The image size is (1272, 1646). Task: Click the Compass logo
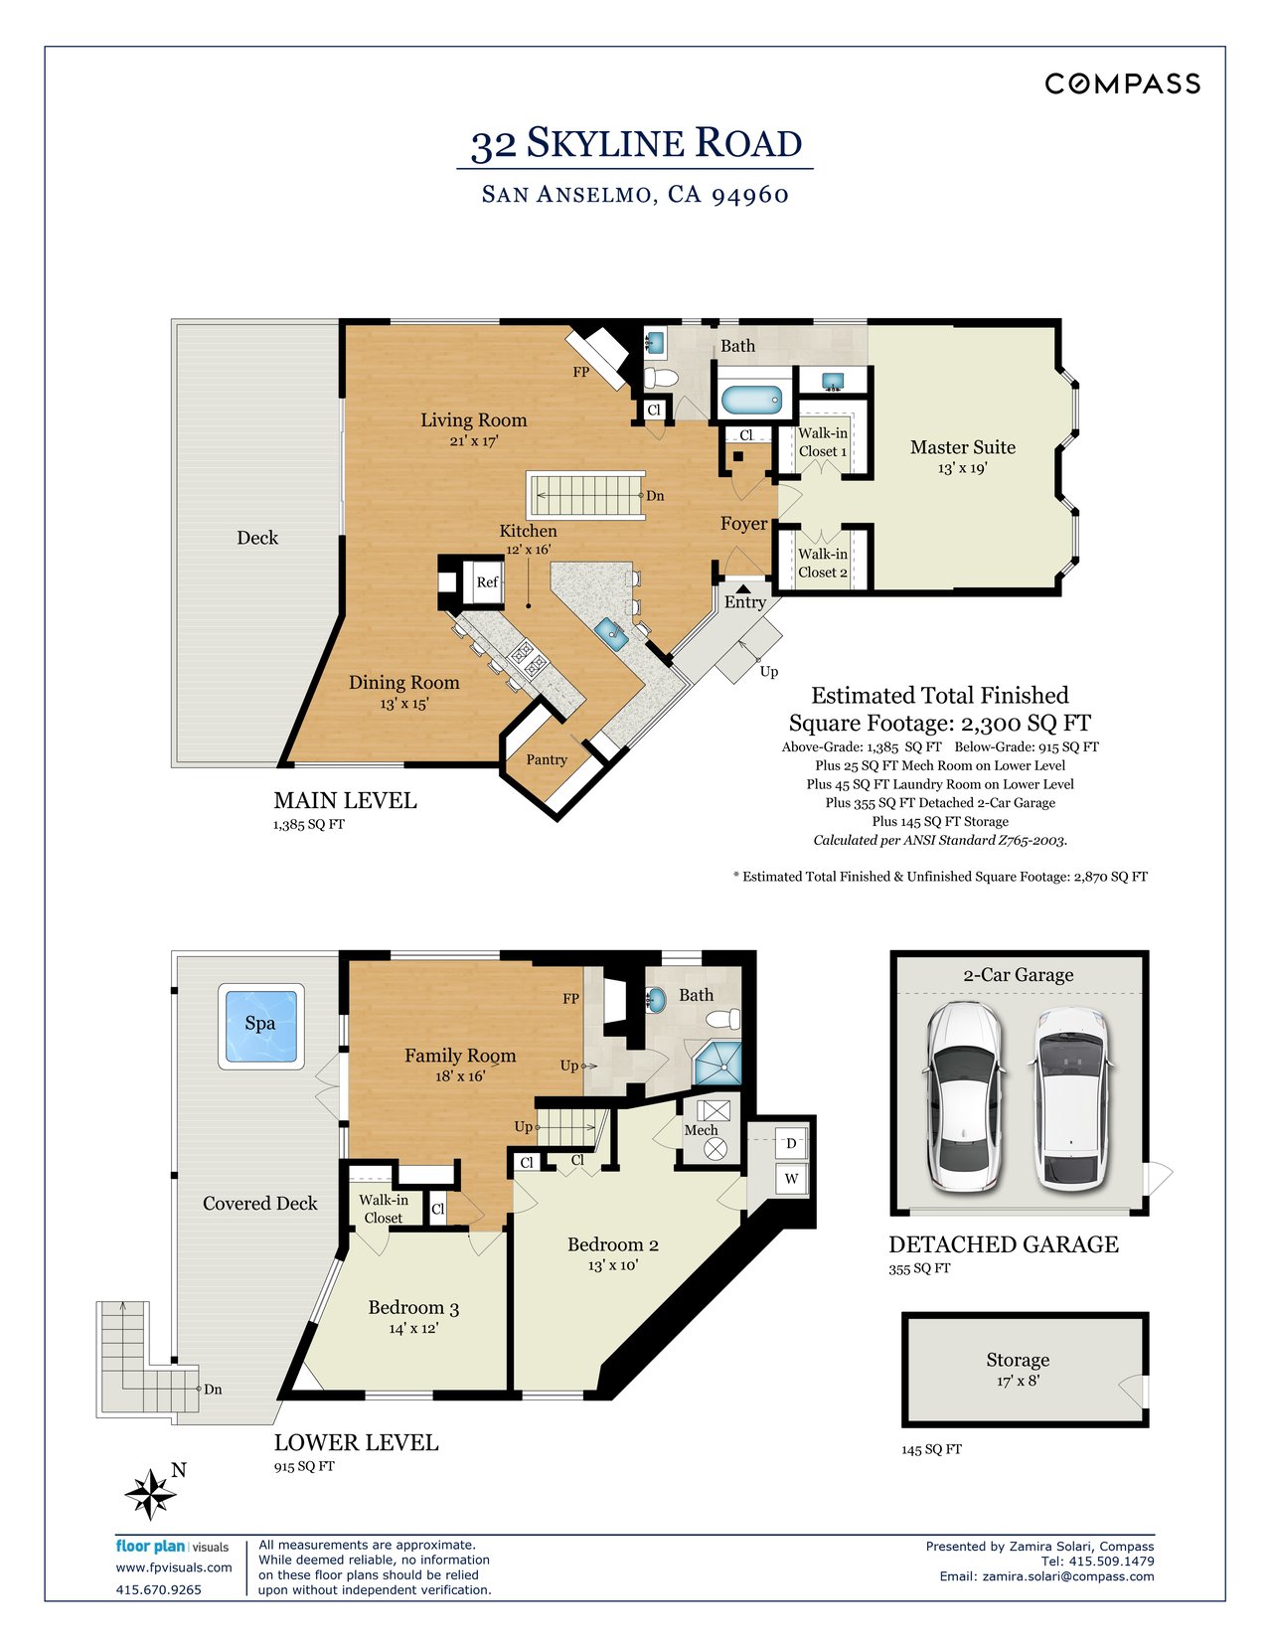point(1122,83)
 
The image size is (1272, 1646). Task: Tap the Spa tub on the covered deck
point(260,1026)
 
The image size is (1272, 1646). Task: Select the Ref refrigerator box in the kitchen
point(487,582)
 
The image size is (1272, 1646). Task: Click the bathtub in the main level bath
point(752,401)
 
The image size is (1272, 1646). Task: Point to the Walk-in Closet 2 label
point(823,563)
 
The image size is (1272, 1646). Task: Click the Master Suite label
point(962,447)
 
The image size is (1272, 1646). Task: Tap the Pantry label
point(547,759)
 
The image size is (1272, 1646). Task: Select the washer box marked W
point(792,1179)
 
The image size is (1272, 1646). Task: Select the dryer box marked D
point(791,1143)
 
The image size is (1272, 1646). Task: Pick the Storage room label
point(1018,1360)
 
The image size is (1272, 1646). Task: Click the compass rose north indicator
point(151,1493)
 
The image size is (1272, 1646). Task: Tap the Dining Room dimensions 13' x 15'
point(403,704)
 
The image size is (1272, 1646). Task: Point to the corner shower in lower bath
point(718,1065)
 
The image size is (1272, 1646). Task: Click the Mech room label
point(701,1130)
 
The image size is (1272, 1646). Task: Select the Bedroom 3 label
point(413,1308)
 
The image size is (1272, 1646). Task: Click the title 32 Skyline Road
point(636,144)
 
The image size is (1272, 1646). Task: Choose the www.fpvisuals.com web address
point(174,1567)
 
